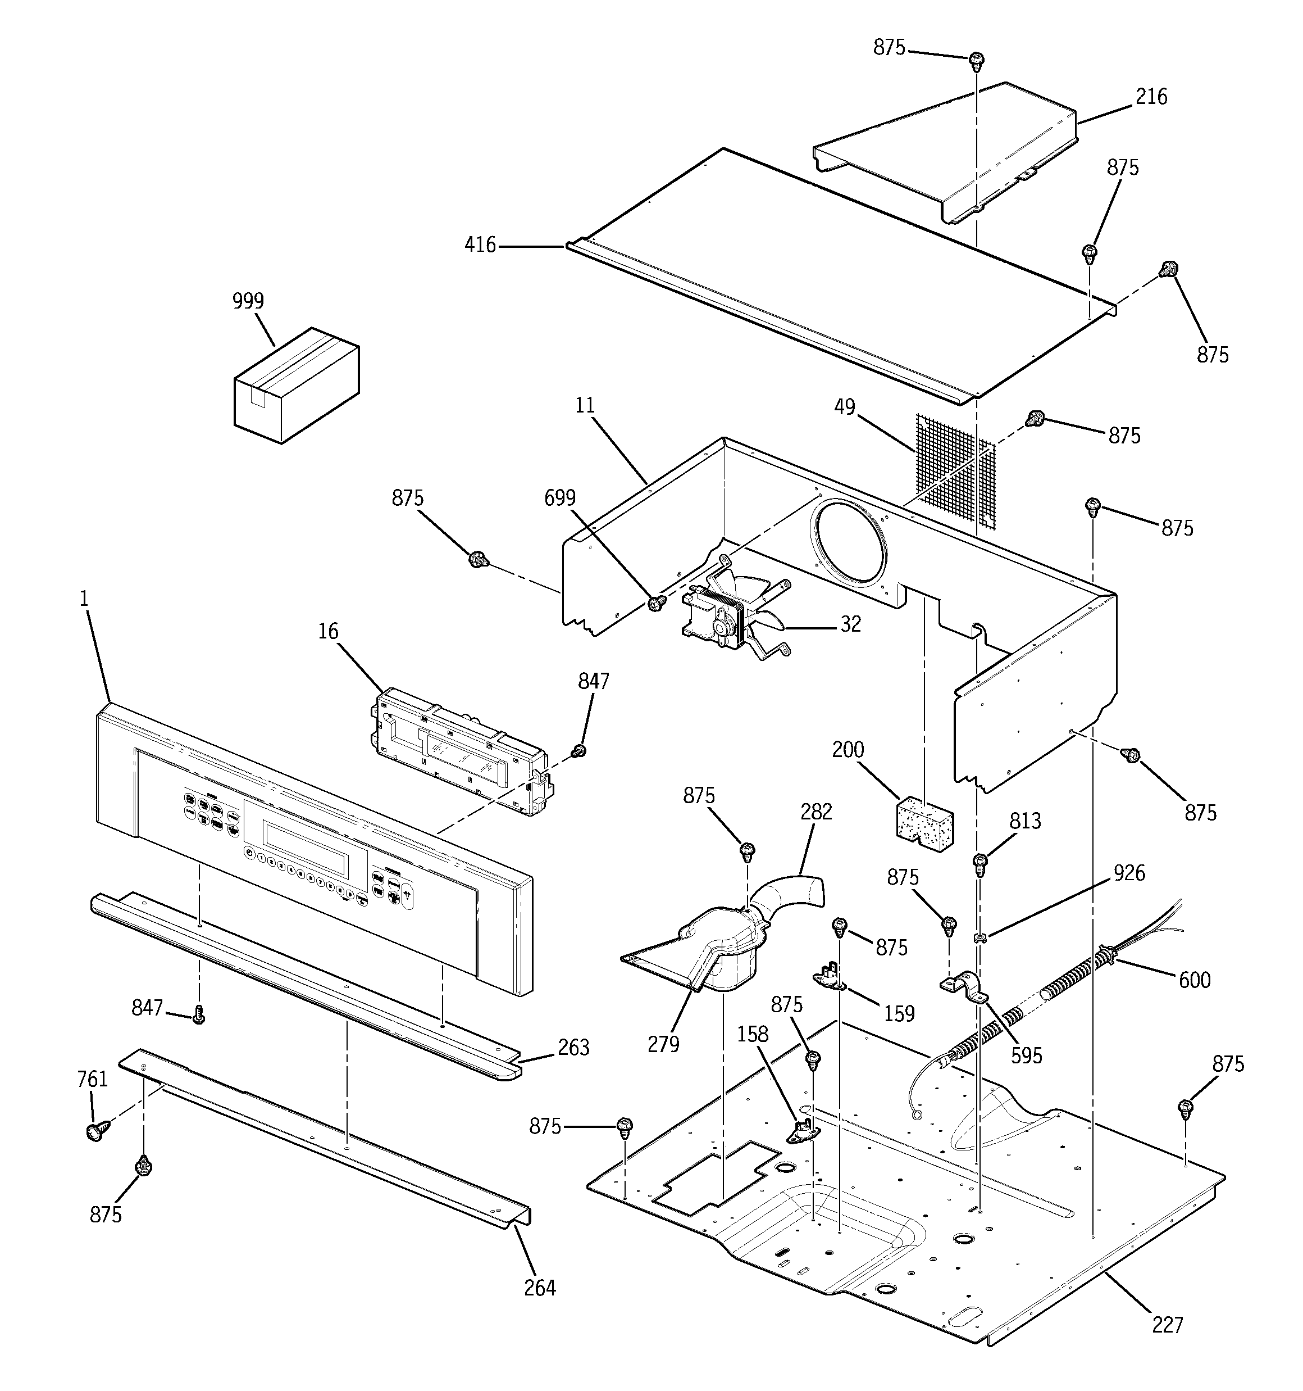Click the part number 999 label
(248, 301)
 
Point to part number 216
(1151, 97)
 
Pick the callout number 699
(559, 497)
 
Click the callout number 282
(816, 811)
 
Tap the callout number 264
(540, 1288)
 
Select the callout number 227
(1167, 1325)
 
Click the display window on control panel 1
(306, 846)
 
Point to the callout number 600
(1195, 980)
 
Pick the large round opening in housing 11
(849, 543)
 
